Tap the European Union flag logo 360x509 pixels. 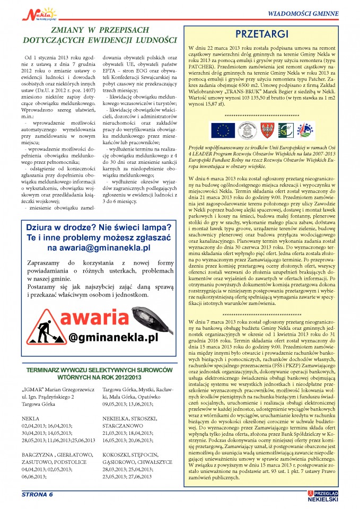(222, 130)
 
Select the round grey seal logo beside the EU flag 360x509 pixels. (244, 130)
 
